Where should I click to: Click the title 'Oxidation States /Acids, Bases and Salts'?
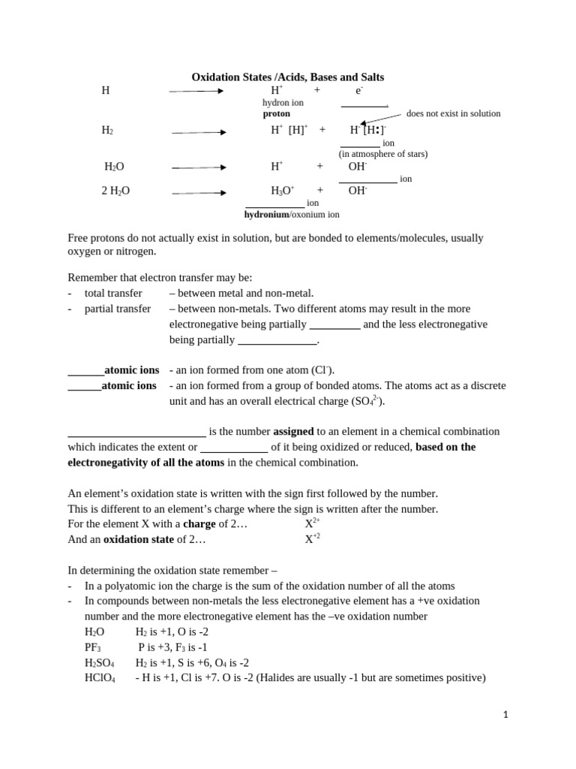[288, 77]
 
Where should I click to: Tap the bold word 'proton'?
[276, 113]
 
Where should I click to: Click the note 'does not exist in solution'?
[453, 113]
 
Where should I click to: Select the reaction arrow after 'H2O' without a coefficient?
[199, 167]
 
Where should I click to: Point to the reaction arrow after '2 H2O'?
[199, 193]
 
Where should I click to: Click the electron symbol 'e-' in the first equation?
[359, 90]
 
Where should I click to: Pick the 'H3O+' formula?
[283, 191]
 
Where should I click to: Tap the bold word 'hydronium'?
[266, 214]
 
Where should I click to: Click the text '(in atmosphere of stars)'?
[383, 154]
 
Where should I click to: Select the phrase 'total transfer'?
[113, 293]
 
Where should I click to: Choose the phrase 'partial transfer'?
[117, 309]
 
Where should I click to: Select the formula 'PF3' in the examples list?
[92, 647]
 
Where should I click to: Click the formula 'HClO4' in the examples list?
[100, 678]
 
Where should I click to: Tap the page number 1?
[505, 715]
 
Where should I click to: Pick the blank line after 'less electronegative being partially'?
[277, 343]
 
